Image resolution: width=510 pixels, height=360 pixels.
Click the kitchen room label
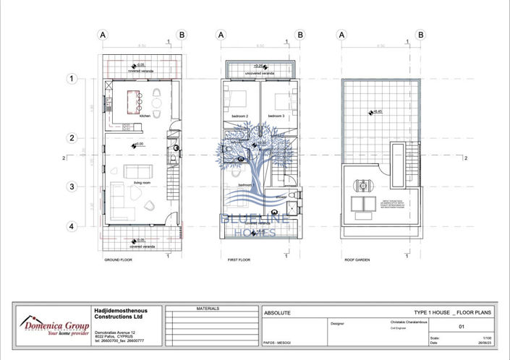pyautogui.click(x=145, y=116)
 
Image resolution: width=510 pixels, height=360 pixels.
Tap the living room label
pyautogui.click(x=142, y=183)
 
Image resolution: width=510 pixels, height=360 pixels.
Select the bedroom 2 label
pyautogui.click(x=239, y=116)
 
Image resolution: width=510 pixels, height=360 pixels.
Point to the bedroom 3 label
pyautogui.click(x=276, y=116)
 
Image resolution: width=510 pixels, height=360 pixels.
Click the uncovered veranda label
pyautogui.click(x=259, y=74)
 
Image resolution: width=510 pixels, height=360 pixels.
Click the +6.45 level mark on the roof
pyautogui.click(x=377, y=111)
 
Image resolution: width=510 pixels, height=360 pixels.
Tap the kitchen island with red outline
pyautogui.click(x=134, y=101)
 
